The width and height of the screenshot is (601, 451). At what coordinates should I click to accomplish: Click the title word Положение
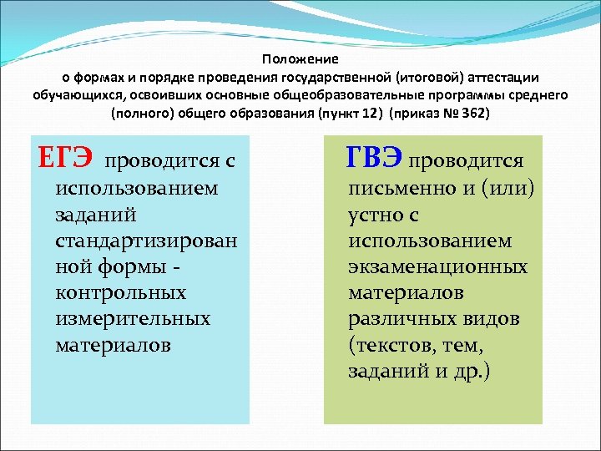click(300, 59)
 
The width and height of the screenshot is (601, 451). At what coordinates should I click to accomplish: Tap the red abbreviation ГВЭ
click(375, 158)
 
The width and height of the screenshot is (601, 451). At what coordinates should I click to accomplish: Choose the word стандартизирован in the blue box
click(146, 241)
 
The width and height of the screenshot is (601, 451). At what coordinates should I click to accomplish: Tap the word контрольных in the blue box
click(121, 293)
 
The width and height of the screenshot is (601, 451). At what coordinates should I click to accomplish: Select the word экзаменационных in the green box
click(437, 267)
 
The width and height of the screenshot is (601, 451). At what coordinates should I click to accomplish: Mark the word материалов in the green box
click(406, 293)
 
